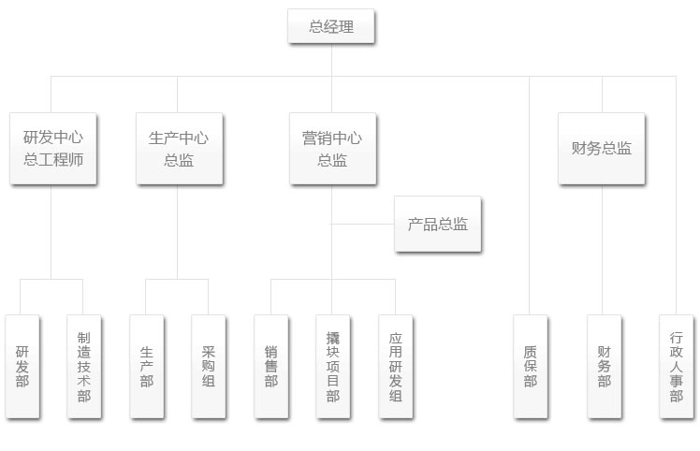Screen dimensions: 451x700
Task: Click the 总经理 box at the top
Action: click(331, 27)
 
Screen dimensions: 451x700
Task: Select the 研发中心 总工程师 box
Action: click(52, 149)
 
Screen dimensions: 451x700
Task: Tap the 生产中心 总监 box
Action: click(178, 149)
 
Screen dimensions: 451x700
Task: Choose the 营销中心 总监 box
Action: click(331, 149)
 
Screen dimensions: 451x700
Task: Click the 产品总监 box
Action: click(438, 225)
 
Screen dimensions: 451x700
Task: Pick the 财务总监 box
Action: click(601, 149)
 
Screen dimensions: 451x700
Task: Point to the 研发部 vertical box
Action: click(22, 366)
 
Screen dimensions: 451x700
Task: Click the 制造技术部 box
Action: click(84, 366)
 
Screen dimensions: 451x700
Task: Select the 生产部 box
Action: click(146, 366)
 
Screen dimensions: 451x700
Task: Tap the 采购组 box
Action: click(208, 366)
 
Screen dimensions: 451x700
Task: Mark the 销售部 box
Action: click(270, 366)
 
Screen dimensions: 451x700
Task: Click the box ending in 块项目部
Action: click(333, 366)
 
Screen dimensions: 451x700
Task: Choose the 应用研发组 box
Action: click(396, 366)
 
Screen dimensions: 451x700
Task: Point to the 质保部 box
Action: click(531, 366)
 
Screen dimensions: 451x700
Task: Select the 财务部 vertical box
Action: click(604, 366)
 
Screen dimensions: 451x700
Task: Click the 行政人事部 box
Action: click(676, 366)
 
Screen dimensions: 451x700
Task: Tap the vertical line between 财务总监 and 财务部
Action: click(602, 248)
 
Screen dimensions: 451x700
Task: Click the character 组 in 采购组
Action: click(208, 382)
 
